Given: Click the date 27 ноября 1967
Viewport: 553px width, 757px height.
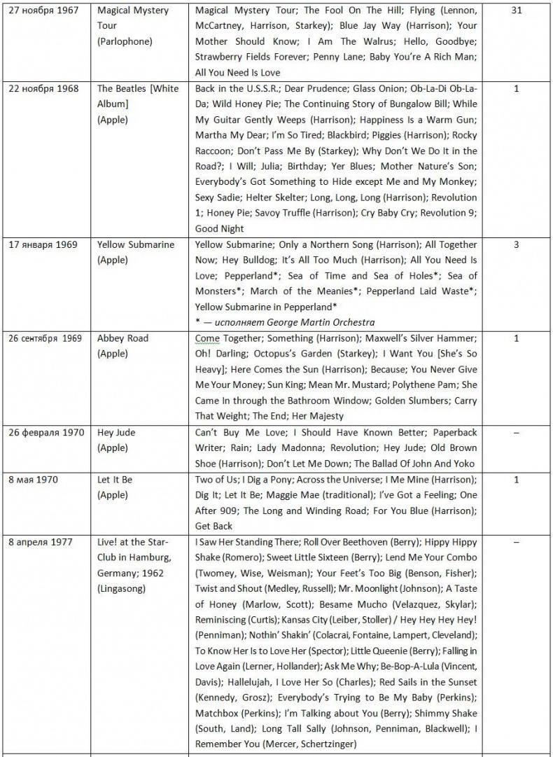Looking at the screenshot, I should [43, 11].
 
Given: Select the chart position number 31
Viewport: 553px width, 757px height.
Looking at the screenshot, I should [517, 11].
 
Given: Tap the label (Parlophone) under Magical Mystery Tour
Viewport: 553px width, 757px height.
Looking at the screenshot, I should [125, 41].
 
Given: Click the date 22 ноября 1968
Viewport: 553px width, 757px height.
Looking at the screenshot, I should [43, 89].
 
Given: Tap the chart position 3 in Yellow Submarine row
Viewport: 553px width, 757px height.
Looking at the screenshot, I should [517, 245].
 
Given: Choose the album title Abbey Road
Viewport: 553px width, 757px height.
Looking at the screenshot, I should [122, 338].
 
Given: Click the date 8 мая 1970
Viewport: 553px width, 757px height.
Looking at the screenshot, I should [33, 480].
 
